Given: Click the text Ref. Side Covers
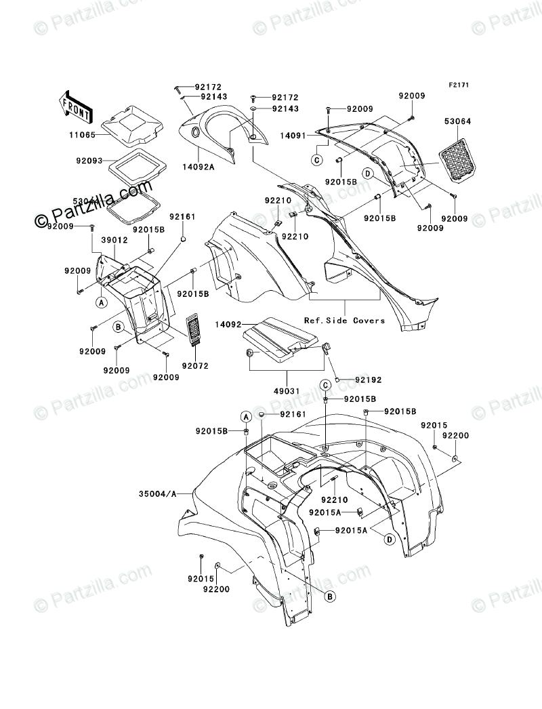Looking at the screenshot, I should point(344,320).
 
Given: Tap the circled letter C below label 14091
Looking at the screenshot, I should point(316,160).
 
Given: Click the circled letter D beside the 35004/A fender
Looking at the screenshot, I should point(390,539).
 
